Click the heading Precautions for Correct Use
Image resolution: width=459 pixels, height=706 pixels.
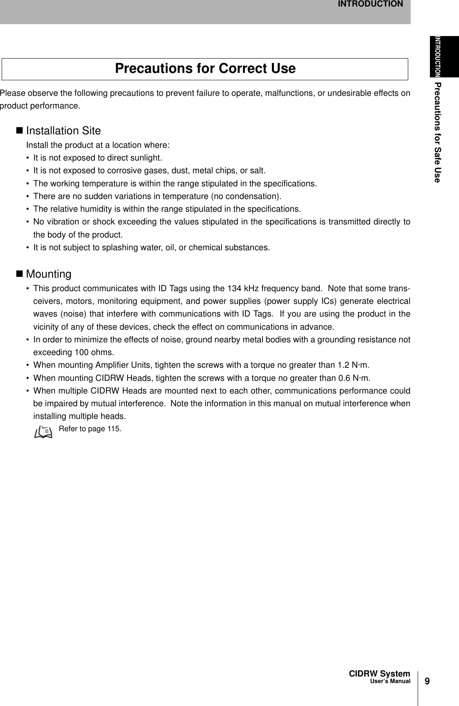(x=205, y=68)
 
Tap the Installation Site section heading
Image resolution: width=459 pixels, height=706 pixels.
(x=63, y=131)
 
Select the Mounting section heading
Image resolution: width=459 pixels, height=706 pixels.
(x=49, y=274)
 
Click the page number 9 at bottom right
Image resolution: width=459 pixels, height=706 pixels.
(x=427, y=681)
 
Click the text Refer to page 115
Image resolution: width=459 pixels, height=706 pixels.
(x=90, y=429)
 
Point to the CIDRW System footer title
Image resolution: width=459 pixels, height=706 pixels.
(x=379, y=674)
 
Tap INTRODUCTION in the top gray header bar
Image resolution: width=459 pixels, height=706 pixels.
(x=370, y=4)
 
